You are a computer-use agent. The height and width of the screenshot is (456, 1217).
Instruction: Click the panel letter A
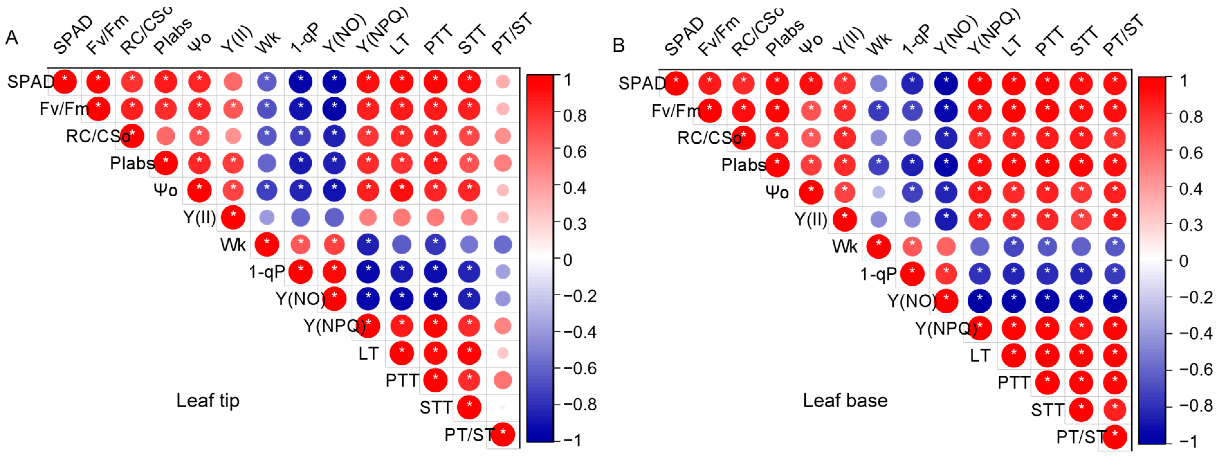[12, 38]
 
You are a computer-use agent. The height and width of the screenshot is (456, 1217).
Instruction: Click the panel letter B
[618, 45]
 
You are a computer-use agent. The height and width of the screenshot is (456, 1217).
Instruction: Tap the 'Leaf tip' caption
[208, 400]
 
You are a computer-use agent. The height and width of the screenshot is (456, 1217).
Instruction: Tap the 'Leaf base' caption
[845, 400]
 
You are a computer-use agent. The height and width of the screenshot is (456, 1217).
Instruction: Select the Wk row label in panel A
[233, 245]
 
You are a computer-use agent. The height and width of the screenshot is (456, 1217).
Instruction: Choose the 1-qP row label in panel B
[878, 274]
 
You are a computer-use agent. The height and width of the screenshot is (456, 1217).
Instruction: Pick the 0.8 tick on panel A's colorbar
[574, 116]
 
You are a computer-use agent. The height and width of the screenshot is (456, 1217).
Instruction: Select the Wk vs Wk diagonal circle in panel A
[267, 245]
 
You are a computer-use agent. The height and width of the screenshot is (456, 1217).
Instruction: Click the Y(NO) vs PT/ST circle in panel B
[1115, 301]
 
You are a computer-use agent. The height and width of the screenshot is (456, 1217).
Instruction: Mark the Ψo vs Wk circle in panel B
[878, 192]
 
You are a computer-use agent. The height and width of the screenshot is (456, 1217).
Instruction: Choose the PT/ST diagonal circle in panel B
[1115, 437]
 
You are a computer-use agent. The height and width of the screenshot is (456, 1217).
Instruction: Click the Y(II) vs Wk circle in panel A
[267, 218]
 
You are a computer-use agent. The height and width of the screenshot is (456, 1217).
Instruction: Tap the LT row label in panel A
[369, 353]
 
